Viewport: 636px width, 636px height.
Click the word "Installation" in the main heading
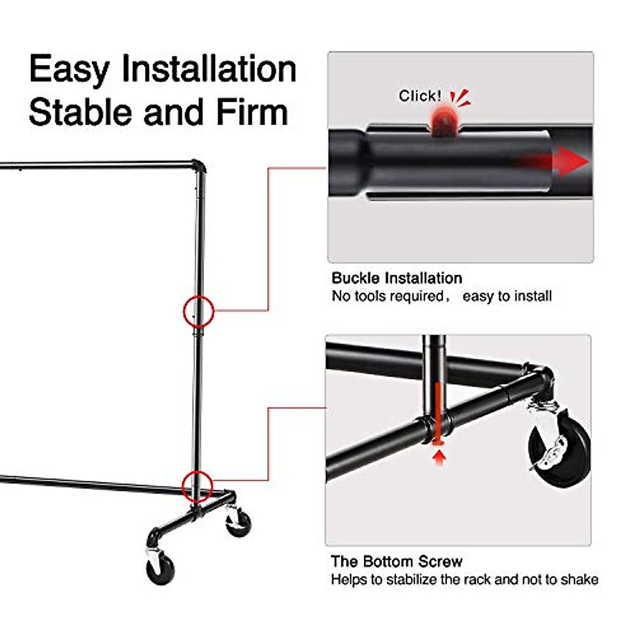click(x=209, y=69)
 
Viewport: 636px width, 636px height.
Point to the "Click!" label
click(x=420, y=96)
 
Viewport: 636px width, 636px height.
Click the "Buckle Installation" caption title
click(x=396, y=278)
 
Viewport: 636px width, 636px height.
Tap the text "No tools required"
click(x=387, y=296)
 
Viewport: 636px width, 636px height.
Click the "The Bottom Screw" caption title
click(x=396, y=561)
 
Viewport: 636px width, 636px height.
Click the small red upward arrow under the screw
click(x=438, y=456)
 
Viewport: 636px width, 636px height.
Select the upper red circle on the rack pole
click(x=198, y=311)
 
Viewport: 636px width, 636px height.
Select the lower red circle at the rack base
click(x=198, y=485)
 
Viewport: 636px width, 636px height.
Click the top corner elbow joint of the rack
click(x=198, y=167)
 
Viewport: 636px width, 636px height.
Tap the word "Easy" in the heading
click(x=69, y=69)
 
